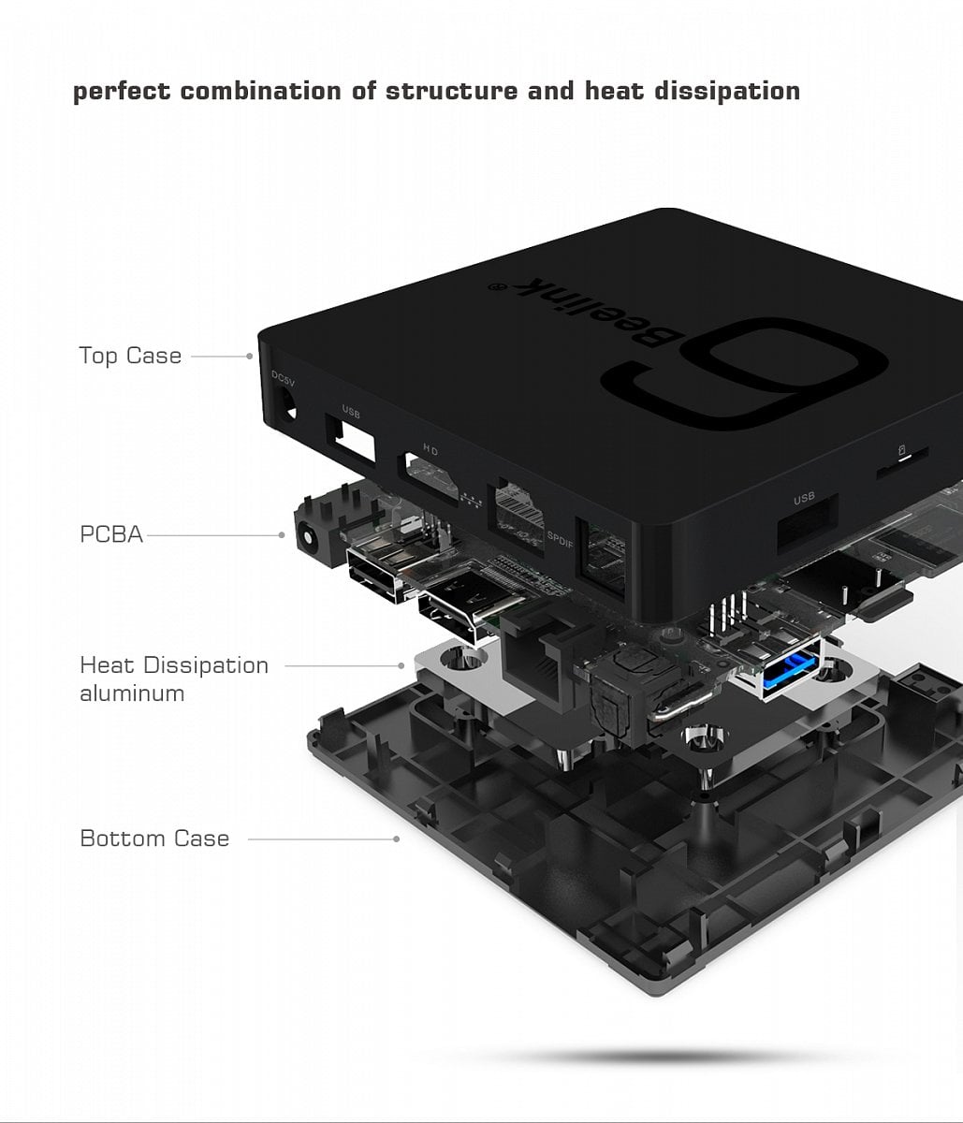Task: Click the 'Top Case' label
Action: pyautogui.click(x=130, y=356)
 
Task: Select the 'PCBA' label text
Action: pyautogui.click(x=111, y=534)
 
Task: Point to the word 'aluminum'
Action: pyautogui.click(x=132, y=693)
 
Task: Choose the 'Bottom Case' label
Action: pyautogui.click(x=154, y=838)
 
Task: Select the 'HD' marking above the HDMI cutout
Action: pyautogui.click(x=430, y=450)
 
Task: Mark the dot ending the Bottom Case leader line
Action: pyautogui.click(x=398, y=839)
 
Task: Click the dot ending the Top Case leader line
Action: pyautogui.click(x=250, y=356)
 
